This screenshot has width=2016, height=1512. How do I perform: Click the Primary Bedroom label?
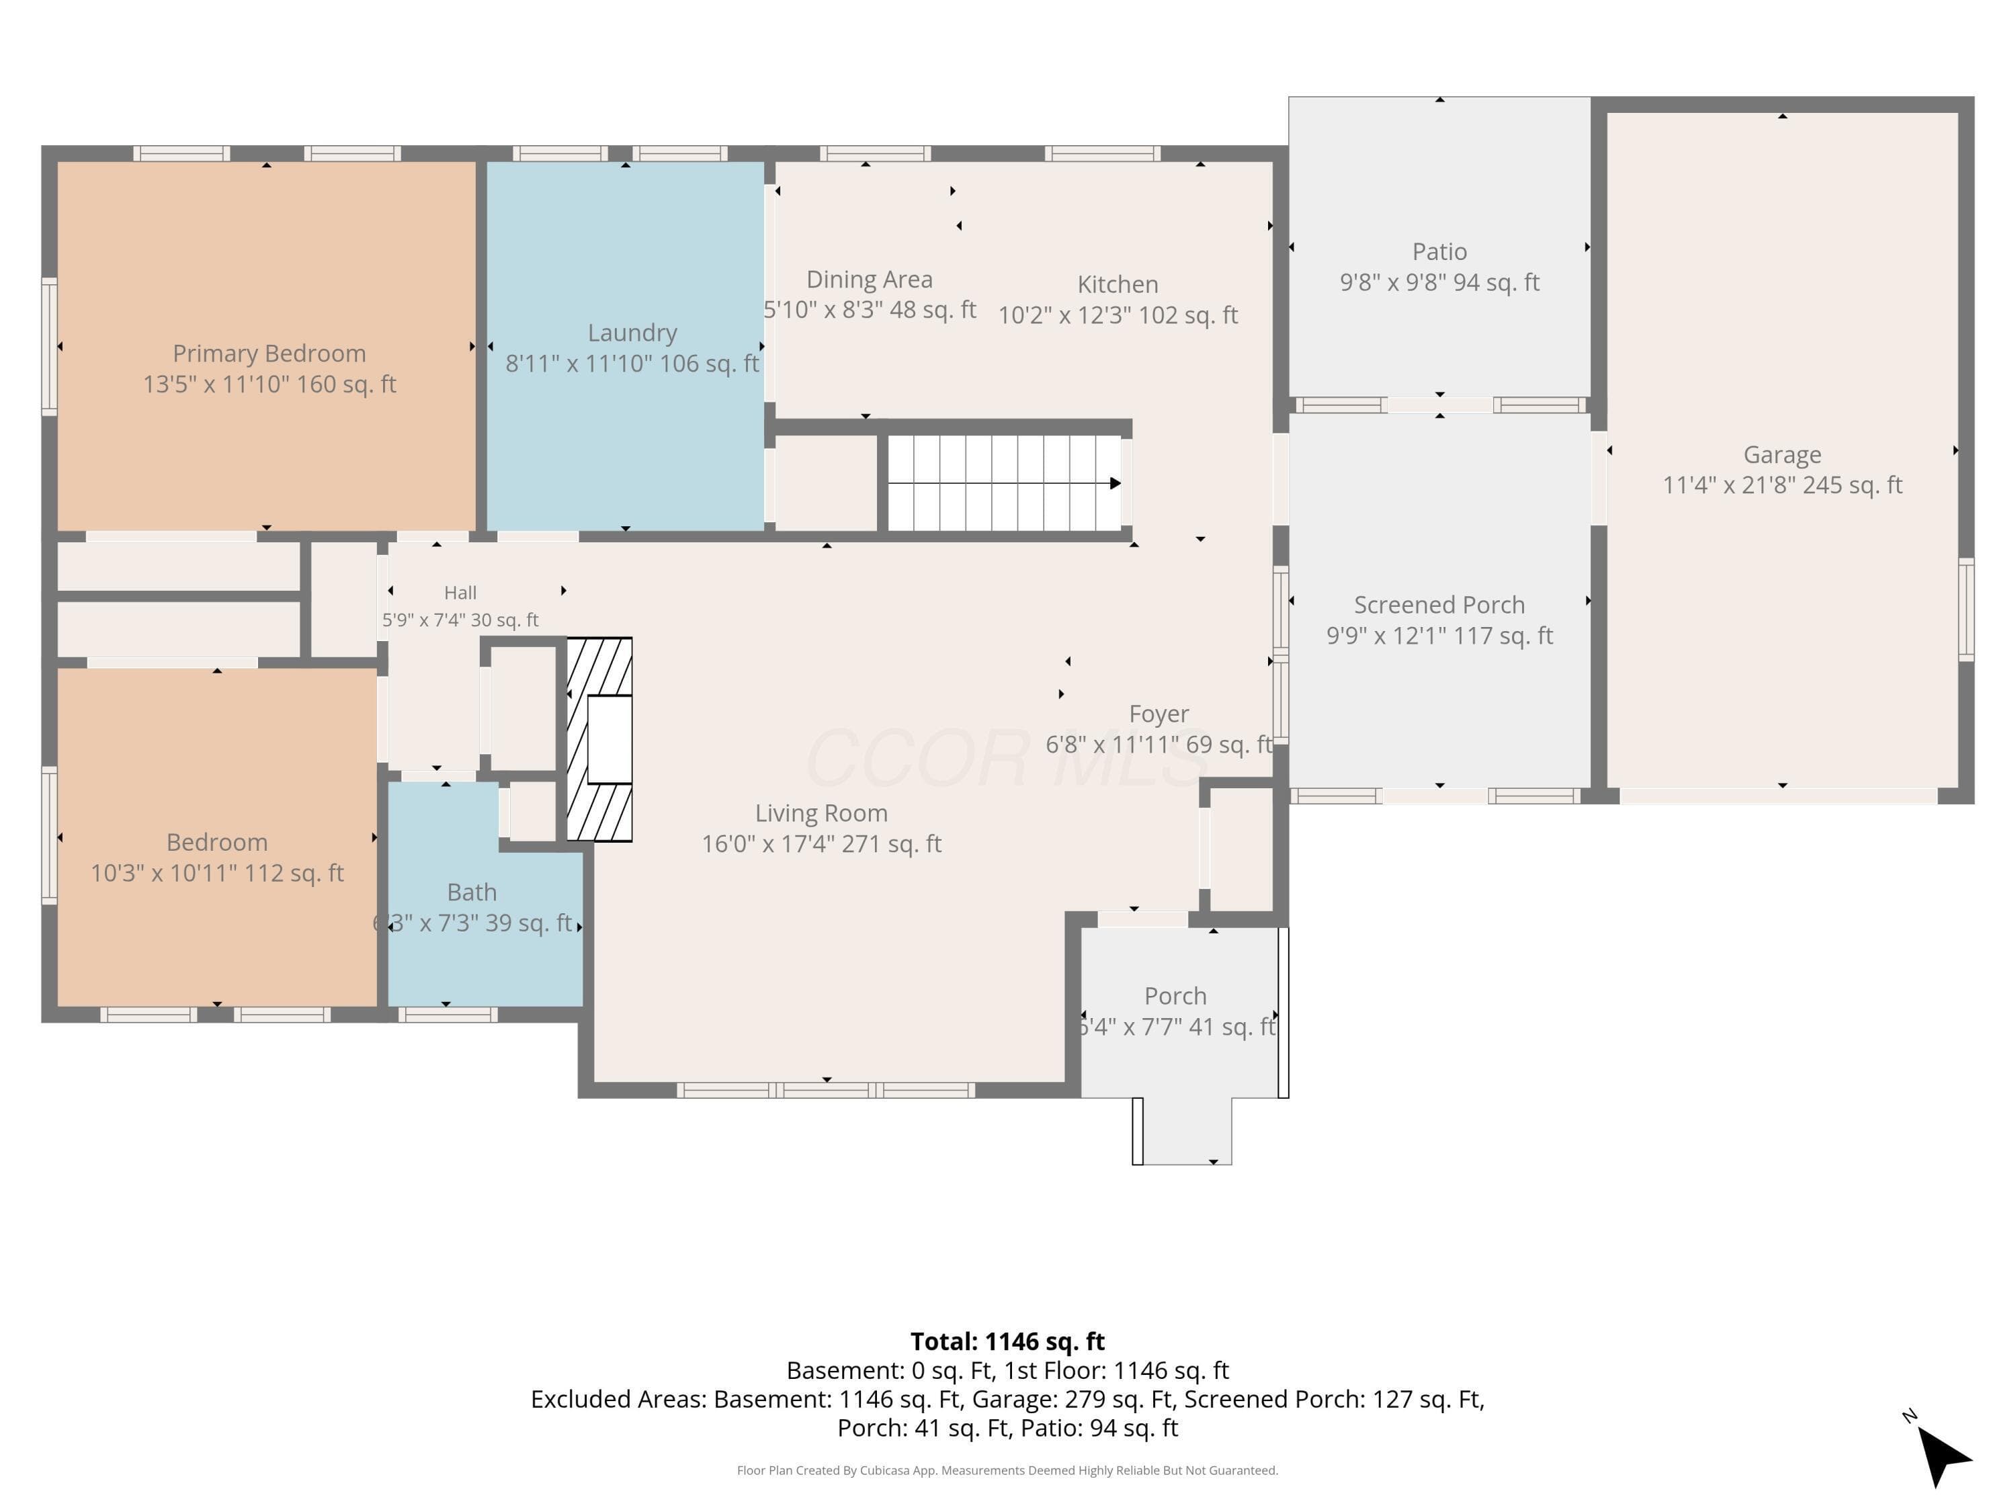coord(269,353)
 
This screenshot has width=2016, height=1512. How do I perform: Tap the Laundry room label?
coord(632,333)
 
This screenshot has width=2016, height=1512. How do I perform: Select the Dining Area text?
coord(870,280)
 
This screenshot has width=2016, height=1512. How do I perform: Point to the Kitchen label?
coord(1118,284)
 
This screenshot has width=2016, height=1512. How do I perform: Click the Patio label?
coord(1439,251)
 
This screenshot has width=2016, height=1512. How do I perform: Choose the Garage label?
coord(1781,455)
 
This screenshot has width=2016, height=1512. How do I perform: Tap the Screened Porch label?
coord(1439,605)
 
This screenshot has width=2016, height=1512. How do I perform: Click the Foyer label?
coord(1159,714)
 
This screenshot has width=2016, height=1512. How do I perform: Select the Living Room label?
coord(821,813)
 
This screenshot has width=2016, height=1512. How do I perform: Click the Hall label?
coord(460,593)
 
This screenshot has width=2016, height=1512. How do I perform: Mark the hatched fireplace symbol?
coord(599,739)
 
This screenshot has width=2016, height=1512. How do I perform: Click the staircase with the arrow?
coord(1005,483)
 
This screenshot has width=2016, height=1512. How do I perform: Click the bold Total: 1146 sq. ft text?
coord(1007,1341)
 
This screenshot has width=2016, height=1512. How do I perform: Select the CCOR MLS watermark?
coord(1007,758)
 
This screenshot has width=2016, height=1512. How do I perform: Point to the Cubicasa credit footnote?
coord(1007,1470)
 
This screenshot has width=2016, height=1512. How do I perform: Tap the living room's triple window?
coord(826,1090)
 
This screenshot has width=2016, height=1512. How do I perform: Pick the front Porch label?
coord(1175,996)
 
